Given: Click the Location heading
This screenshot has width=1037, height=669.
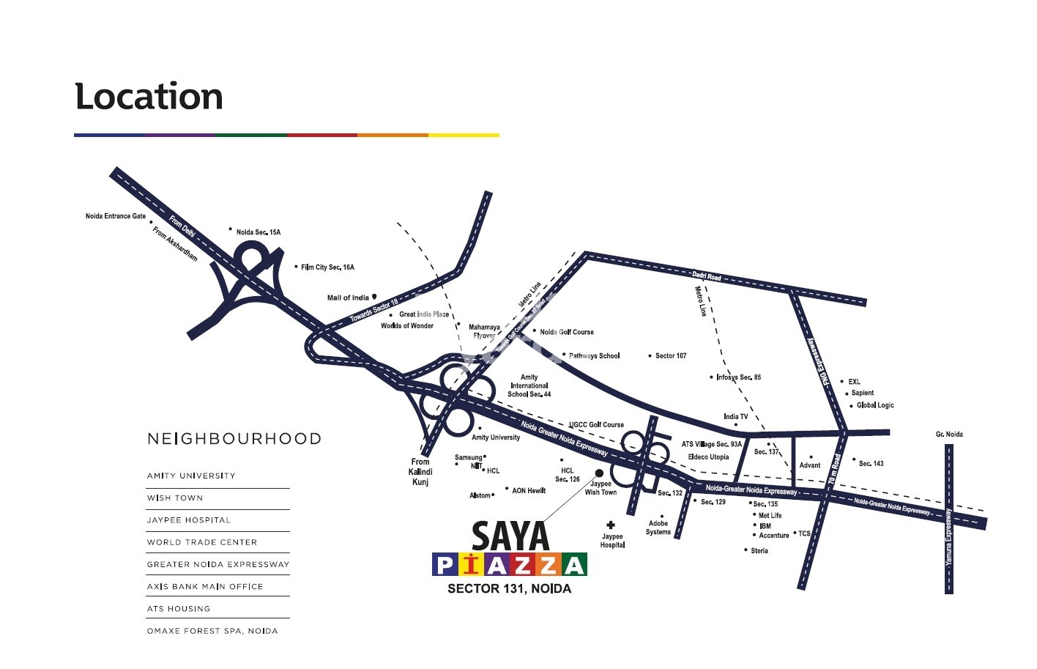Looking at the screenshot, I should pyautogui.click(x=149, y=97).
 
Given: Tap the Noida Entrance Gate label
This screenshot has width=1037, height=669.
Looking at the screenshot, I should pyautogui.click(x=116, y=216).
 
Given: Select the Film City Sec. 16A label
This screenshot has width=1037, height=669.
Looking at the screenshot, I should pyautogui.click(x=327, y=267).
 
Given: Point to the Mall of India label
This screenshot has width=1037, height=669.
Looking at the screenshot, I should pyautogui.click(x=348, y=298).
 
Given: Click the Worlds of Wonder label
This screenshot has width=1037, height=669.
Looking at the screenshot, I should pyautogui.click(x=407, y=326).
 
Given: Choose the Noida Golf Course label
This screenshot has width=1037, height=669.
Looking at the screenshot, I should pyautogui.click(x=567, y=332).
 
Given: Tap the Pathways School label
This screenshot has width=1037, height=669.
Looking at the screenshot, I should pyautogui.click(x=594, y=356).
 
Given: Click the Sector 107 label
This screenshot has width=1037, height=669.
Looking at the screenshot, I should pyautogui.click(x=671, y=356).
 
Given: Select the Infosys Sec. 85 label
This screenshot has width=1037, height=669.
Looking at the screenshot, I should pyautogui.click(x=738, y=377).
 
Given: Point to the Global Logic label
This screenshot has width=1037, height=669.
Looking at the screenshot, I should pyautogui.click(x=875, y=405).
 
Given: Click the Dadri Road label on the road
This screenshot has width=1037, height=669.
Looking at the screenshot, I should pyautogui.click(x=707, y=276).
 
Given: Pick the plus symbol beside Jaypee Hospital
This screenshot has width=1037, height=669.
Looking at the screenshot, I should pyautogui.click(x=611, y=525).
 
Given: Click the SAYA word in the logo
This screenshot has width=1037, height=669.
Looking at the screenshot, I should pyautogui.click(x=510, y=536).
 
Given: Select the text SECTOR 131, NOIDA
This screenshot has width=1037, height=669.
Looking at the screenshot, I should pyautogui.click(x=510, y=589).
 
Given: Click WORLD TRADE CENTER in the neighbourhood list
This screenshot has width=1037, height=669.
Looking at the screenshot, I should pyautogui.click(x=202, y=542).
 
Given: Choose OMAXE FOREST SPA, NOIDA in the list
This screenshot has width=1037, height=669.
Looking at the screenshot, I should pyautogui.click(x=212, y=631).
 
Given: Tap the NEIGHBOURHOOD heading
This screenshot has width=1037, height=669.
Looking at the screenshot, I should pyautogui.click(x=234, y=439).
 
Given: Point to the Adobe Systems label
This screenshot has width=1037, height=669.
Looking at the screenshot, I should pyautogui.click(x=658, y=528).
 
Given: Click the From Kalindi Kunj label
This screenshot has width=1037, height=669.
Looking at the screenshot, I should pyautogui.click(x=420, y=472).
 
